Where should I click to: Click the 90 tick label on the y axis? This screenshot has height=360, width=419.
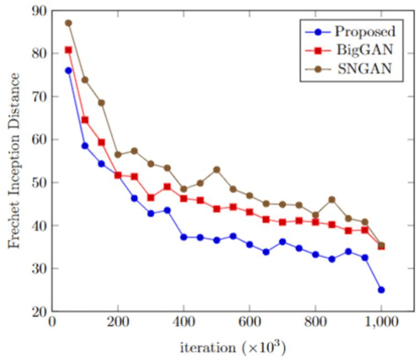pyautogui.click(x=36, y=10)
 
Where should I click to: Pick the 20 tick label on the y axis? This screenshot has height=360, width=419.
pyautogui.click(x=36, y=311)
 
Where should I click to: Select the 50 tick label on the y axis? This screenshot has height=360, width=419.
pyautogui.click(x=36, y=183)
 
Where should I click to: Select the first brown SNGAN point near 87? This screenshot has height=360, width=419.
pyautogui.click(x=68, y=23)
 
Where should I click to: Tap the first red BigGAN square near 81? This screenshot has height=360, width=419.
pyautogui.click(x=68, y=50)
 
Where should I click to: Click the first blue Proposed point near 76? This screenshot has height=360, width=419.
pyautogui.click(x=68, y=70)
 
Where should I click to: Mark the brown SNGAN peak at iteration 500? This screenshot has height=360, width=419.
pyautogui.click(x=216, y=169)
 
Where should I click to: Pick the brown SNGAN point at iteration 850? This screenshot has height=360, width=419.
pyautogui.click(x=332, y=199)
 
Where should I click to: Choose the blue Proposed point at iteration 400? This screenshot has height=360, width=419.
pyautogui.click(x=183, y=237)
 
